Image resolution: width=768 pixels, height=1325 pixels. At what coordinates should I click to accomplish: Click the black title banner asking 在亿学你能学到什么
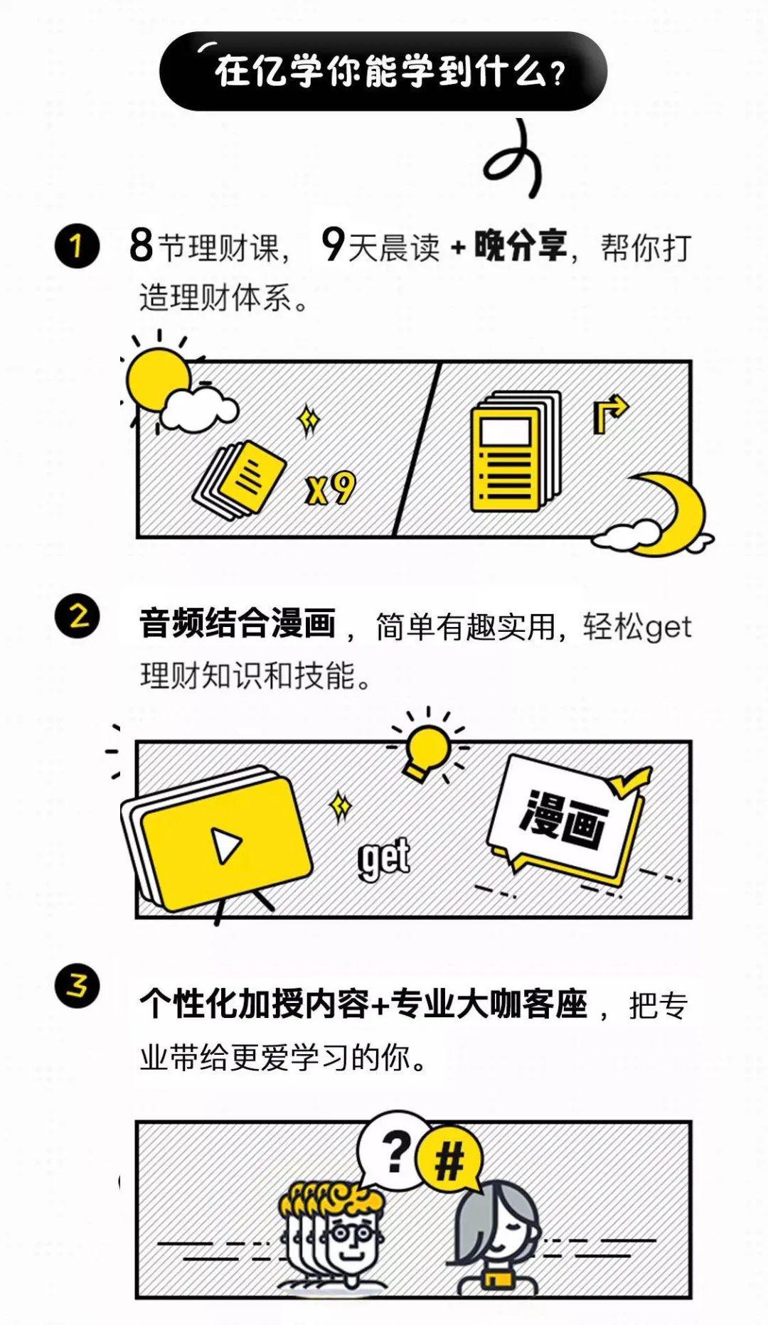(x=383, y=71)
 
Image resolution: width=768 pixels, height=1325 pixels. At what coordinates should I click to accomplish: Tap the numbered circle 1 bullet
(x=77, y=246)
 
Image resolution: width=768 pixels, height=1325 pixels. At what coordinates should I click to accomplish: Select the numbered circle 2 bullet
(x=77, y=616)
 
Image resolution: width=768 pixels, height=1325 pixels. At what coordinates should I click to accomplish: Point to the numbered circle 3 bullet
(x=77, y=986)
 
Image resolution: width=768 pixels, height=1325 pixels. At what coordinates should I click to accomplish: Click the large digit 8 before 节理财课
(x=142, y=245)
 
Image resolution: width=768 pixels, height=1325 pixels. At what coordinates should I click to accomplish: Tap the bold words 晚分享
(x=521, y=245)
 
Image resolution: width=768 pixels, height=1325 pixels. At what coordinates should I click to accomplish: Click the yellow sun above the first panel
(x=158, y=380)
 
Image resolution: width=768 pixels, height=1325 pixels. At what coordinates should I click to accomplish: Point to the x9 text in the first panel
(x=330, y=488)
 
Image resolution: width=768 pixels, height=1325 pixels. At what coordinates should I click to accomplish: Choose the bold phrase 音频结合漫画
(x=238, y=623)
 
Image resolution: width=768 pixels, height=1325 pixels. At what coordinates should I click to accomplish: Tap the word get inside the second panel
(x=384, y=857)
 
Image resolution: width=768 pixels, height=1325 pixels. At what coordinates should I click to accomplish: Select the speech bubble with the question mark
(x=392, y=1150)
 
